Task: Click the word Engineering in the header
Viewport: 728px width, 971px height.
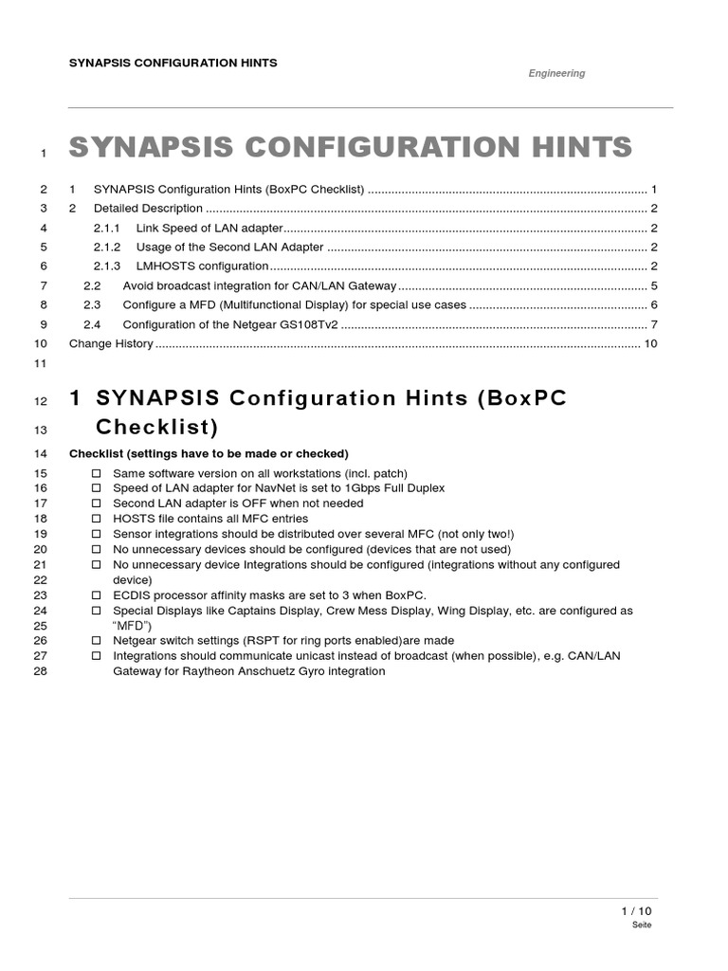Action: (556, 73)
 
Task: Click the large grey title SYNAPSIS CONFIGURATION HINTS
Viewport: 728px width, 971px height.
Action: (351, 148)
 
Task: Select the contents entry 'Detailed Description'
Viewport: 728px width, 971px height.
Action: (148, 208)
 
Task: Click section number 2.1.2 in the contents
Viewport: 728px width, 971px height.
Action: (107, 247)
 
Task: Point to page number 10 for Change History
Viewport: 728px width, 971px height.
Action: (650, 343)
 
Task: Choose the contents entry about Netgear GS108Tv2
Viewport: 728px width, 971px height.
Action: (230, 324)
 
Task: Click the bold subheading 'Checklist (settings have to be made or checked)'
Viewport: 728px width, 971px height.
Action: (209, 453)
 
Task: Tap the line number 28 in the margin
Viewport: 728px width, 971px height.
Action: (40, 671)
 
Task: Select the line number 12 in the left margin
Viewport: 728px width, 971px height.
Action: (40, 401)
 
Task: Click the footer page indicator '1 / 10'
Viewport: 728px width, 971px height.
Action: (636, 911)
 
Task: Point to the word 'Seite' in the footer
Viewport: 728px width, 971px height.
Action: (642, 925)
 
